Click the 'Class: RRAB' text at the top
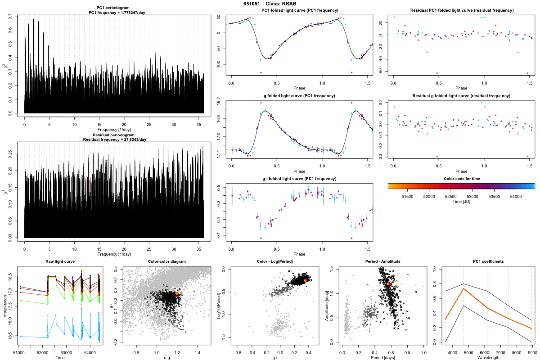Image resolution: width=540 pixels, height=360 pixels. point(284,4)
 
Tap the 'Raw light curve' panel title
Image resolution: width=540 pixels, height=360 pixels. point(60,262)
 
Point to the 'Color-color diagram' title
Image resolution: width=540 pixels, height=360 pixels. point(166,262)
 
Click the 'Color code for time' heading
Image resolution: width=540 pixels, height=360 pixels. point(461,179)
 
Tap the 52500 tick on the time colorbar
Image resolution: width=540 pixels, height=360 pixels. point(450,197)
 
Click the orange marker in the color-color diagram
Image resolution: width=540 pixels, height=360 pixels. point(177,293)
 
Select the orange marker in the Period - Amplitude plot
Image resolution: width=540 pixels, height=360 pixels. point(388,284)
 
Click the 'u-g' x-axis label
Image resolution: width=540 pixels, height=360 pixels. point(166,358)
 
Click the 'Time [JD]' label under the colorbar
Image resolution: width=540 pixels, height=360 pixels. point(461,202)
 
